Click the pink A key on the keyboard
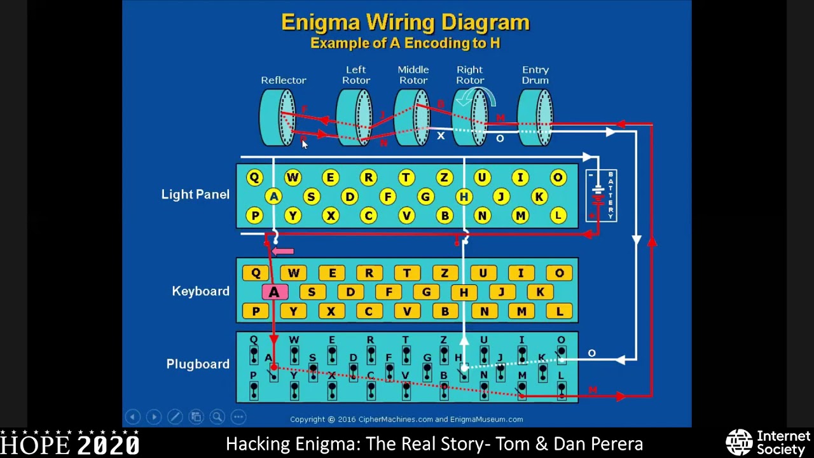tap(274, 292)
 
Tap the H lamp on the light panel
tap(464, 197)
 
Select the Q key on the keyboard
tap(256, 273)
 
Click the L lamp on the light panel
tap(558, 216)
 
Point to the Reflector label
tap(284, 80)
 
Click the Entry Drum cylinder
tap(535, 117)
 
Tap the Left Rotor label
tap(356, 75)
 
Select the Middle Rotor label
tap(413, 75)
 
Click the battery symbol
tap(598, 194)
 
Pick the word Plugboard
tap(198, 364)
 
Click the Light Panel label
tap(195, 195)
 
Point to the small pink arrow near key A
tap(283, 251)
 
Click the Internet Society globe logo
tap(739, 443)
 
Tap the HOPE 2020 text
tap(70, 444)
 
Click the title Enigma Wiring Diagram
tap(405, 23)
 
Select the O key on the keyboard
tap(559, 273)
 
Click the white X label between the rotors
tap(440, 135)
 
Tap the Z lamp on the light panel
tap(445, 178)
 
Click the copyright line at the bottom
tap(406, 419)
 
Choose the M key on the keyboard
tap(521, 311)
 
